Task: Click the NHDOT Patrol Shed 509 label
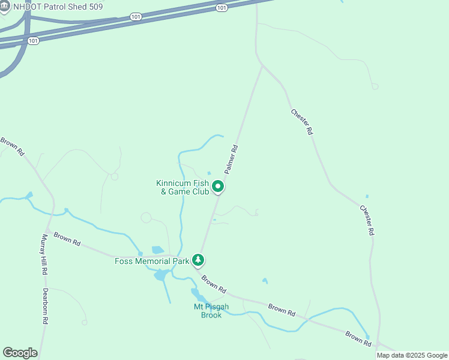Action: pyautogui.click(x=58, y=6)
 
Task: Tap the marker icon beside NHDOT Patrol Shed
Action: pyautogui.click(x=5, y=6)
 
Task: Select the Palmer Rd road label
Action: pyautogui.click(x=232, y=159)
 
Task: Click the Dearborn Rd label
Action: pyautogui.click(x=45, y=307)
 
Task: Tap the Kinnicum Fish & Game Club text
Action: pyautogui.click(x=182, y=187)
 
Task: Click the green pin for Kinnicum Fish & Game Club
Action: pyautogui.click(x=218, y=187)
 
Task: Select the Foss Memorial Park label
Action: pyautogui.click(x=152, y=260)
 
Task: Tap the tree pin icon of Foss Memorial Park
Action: pyautogui.click(x=198, y=260)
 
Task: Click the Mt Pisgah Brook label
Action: pyautogui.click(x=207, y=311)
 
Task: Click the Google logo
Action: pyautogui.click(x=20, y=353)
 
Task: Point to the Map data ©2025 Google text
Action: pyautogui.click(x=412, y=355)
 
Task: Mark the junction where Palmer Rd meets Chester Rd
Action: pyautogui.click(x=262, y=66)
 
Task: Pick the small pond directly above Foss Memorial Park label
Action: pyautogui.click(x=158, y=250)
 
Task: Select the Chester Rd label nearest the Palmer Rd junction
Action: pyautogui.click(x=302, y=122)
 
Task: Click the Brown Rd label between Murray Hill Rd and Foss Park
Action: pyautogui.click(x=67, y=239)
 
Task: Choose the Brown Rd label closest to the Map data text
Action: pyautogui.click(x=358, y=338)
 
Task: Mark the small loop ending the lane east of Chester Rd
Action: pyautogui.click(x=375, y=86)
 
